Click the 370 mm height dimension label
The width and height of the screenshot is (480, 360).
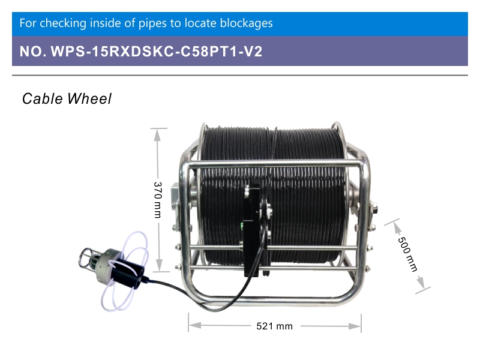click(158, 200)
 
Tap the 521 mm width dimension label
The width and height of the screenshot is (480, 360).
click(274, 326)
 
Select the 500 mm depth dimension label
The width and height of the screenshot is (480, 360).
click(407, 254)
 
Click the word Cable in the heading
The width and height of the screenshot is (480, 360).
click(43, 99)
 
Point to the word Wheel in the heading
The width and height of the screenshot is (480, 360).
click(89, 99)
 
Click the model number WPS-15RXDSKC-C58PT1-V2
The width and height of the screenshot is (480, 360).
click(157, 51)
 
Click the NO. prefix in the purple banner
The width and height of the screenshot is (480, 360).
click(33, 51)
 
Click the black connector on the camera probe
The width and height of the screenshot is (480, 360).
click(128, 274)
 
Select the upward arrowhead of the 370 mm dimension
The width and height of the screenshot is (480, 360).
click(157, 135)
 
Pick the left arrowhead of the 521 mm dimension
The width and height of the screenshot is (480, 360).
click(195, 325)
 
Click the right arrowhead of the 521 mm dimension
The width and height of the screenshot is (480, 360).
click(355, 326)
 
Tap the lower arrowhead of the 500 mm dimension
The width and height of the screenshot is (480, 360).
click(422, 282)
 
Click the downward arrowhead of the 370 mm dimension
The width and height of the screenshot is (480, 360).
click(159, 265)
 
